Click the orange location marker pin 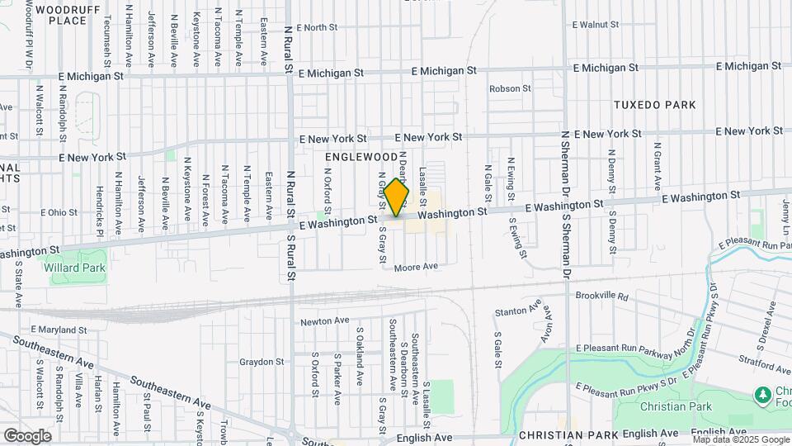pyautogui.click(x=396, y=197)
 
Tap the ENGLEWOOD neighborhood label pyautogui.click(x=361, y=156)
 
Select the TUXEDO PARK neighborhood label pyautogui.click(x=654, y=105)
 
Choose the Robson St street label pyautogui.click(x=510, y=88)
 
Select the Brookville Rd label pyautogui.click(x=601, y=295)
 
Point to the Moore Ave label pyautogui.click(x=415, y=267)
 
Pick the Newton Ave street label pyautogui.click(x=321, y=322)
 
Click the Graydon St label pyautogui.click(x=262, y=362)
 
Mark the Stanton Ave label pyautogui.click(x=517, y=312)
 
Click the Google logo pyautogui.click(x=26, y=435)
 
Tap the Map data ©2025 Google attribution pyautogui.click(x=740, y=439)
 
